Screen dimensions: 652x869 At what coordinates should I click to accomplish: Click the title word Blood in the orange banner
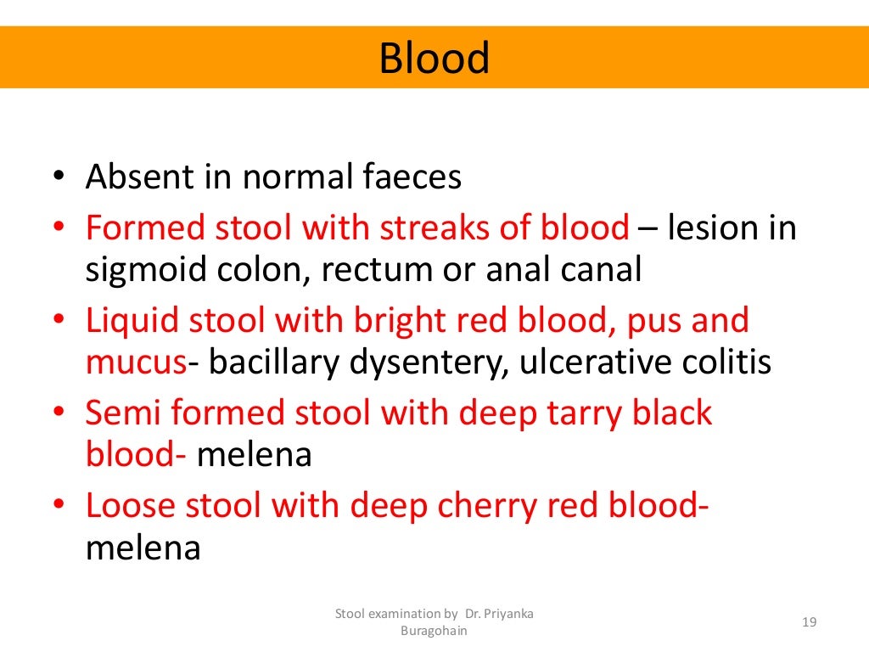pyautogui.click(x=434, y=58)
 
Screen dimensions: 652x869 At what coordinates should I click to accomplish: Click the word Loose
pyautogui.click(x=134, y=506)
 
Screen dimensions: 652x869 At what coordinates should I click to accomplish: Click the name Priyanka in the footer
pyautogui.click(x=507, y=614)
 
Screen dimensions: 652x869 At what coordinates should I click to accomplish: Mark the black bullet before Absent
pyautogui.click(x=59, y=179)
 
